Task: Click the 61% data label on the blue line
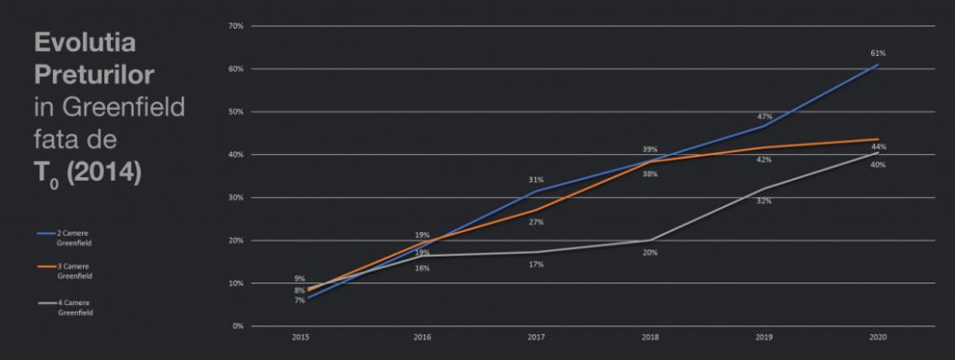click(878, 52)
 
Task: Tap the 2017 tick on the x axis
click(536, 336)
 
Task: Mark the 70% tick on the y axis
click(235, 26)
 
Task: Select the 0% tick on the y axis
click(237, 326)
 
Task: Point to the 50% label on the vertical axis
click(235, 112)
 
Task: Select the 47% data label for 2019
click(764, 117)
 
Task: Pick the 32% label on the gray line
click(764, 201)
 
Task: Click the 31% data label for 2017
click(536, 180)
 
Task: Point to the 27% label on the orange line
click(536, 222)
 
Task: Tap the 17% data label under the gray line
click(536, 265)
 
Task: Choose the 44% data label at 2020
click(878, 147)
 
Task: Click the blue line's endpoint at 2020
click(878, 65)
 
